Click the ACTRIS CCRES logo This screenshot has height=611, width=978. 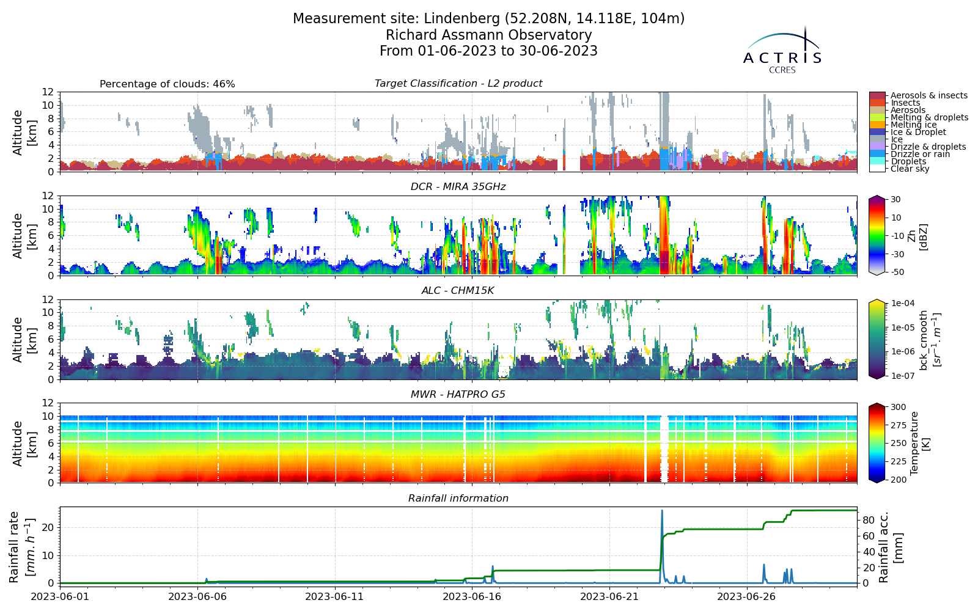pos(782,49)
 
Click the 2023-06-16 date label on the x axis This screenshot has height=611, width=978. pos(472,596)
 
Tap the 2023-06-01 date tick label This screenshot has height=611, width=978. pos(60,596)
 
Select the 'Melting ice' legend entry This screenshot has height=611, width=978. pos(913,125)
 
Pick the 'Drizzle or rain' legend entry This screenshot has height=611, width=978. pos(920,154)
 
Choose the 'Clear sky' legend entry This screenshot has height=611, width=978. pos(910,169)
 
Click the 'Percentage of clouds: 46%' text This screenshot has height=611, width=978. pos(167,84)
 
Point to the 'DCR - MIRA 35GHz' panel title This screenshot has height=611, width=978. pos(458,187)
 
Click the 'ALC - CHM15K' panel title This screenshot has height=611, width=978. pos(458,291)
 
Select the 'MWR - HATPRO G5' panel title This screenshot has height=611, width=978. pos(458,395)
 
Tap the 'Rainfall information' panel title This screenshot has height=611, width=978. pos(458,499)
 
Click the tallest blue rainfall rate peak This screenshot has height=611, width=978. pos(662,511)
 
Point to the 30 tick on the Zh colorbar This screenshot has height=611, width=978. pos(895,199)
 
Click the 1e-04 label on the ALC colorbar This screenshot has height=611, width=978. pos(902,303)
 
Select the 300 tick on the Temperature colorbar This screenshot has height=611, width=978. pos(898,407)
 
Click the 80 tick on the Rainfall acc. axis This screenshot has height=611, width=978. pos(867,520)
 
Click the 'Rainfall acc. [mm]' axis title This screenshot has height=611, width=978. pos(890,547)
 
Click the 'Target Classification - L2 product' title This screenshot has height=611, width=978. pos(458,83)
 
